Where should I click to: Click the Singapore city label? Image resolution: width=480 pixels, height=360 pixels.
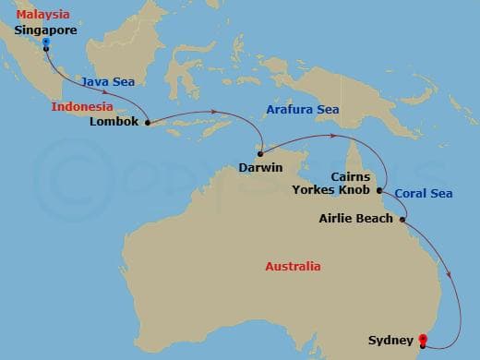(44, 30)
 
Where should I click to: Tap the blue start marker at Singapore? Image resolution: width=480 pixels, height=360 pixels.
(46, 42)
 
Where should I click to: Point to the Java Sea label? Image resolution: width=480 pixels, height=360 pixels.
(102, 81)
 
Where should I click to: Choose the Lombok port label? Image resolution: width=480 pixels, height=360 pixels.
(117, 121)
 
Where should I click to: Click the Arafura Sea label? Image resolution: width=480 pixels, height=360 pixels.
(302, 109)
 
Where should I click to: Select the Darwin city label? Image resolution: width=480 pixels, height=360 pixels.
(259, 167)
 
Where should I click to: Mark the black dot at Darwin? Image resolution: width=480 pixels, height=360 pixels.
(260, 153)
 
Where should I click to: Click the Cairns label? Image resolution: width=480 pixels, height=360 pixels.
(350, 176)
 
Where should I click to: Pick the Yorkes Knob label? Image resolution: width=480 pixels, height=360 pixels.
(330, 190)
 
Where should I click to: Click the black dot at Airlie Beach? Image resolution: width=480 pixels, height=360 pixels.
(403, 219)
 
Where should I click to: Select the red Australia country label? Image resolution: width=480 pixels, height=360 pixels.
(293, 266)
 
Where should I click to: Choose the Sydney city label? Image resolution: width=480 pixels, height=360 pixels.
(389, 338)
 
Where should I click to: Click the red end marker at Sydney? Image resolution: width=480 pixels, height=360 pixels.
(423, 340)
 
